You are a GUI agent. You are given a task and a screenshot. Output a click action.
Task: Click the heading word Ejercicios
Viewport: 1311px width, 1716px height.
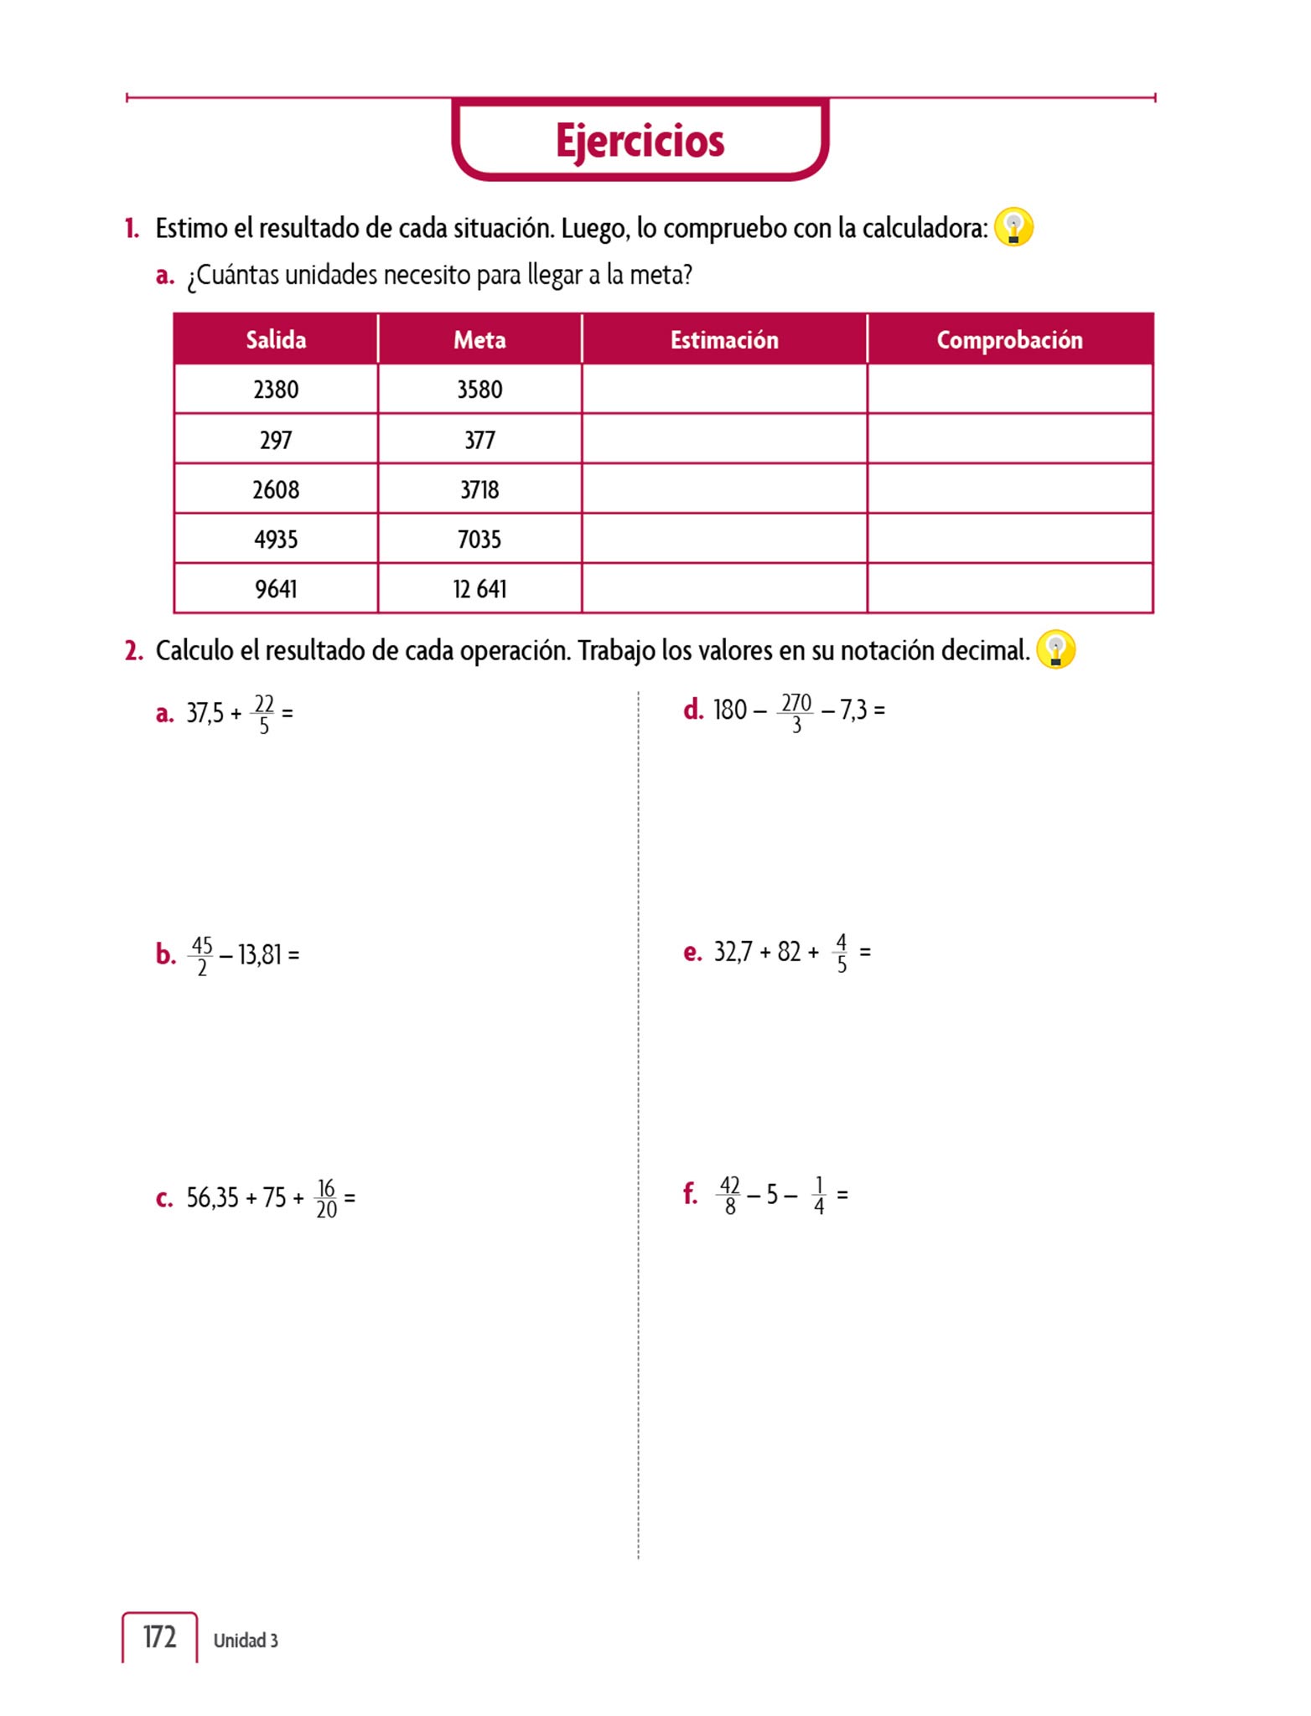click(x=640, y=141)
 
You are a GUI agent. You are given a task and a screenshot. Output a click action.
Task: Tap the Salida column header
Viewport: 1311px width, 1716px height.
click(x=276, y=339)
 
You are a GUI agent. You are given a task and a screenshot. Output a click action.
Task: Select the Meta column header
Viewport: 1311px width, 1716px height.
click(x=479, y=339)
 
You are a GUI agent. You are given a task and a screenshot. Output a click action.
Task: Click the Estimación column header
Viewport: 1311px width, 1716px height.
click(x=724, y=339)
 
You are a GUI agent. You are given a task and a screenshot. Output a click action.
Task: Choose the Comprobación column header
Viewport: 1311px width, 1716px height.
click(x=1009, y=339)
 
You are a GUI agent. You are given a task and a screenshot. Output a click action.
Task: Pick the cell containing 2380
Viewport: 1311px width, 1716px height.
click(x=276, y=390)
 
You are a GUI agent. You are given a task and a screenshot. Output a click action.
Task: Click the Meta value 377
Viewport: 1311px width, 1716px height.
click(x=479, y=440)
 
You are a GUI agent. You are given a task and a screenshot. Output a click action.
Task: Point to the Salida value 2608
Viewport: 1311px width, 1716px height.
click(x=276, y=489)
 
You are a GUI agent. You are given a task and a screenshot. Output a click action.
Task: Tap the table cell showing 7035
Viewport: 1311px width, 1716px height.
click(x=479, y=539)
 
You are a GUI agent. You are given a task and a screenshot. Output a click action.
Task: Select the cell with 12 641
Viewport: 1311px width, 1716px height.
click(x=479, y=589)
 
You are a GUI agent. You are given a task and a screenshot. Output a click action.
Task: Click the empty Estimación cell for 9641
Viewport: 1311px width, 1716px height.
click(x=724, y=588)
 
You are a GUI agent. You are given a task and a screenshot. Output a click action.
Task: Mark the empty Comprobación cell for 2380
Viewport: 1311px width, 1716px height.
click(x=1009, y=389)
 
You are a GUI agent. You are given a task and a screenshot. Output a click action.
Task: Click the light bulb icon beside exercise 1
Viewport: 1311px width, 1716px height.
click(x=1013, y=227)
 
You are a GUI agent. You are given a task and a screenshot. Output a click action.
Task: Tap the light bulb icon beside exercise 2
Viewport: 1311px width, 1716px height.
click(x=1055, y=649)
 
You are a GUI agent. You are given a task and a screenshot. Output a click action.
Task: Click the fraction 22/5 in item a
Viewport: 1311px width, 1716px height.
click(x=264, y=714)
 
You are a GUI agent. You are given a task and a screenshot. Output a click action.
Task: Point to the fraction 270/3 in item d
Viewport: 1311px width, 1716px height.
click(x=796, y=712)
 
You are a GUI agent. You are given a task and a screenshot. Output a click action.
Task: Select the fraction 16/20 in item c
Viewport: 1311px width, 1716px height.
click(x=326, y=1198)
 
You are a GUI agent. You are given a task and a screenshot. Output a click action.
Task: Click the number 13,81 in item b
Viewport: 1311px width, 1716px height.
click(x=260, y=954)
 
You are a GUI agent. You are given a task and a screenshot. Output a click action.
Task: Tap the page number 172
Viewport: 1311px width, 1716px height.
click(x=159, y=1636)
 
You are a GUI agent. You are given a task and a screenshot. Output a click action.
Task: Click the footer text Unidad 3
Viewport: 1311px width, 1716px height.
click(x=246, y=1640)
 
